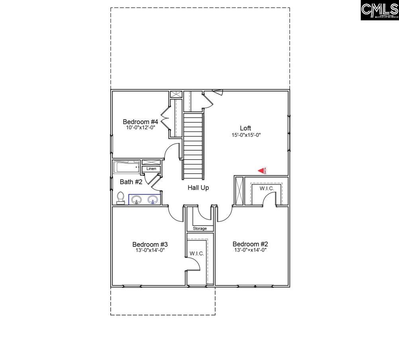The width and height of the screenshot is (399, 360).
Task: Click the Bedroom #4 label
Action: [x=141, y=122]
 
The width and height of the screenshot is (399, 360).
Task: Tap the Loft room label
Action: [x=245, y=128]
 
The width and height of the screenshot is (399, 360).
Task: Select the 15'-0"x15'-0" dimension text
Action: [x=246, y=135]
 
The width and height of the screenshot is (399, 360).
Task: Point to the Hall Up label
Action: [x=198, y=187]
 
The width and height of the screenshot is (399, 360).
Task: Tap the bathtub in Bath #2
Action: [x=126, y=167]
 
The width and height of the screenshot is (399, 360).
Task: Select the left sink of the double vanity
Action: [x=137, y=199]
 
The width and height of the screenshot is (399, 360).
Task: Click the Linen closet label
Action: [x=151, y=169]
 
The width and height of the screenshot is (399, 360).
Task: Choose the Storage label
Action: [x=200, y=228]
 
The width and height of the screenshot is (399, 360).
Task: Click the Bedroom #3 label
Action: [x=150, y=244]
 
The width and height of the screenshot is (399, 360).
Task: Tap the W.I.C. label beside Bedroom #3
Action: [x=197, y=254]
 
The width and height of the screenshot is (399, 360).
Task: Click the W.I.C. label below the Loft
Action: [x=267, y=188]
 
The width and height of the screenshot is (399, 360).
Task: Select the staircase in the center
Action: [x=194, y=146]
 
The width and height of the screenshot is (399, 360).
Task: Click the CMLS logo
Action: [x=379, y=10]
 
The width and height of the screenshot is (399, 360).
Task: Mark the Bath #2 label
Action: [x=131, y=182]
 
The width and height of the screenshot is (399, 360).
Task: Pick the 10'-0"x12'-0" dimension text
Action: [x=141, y=128]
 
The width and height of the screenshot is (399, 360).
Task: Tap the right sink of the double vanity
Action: [x=153, y=199]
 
